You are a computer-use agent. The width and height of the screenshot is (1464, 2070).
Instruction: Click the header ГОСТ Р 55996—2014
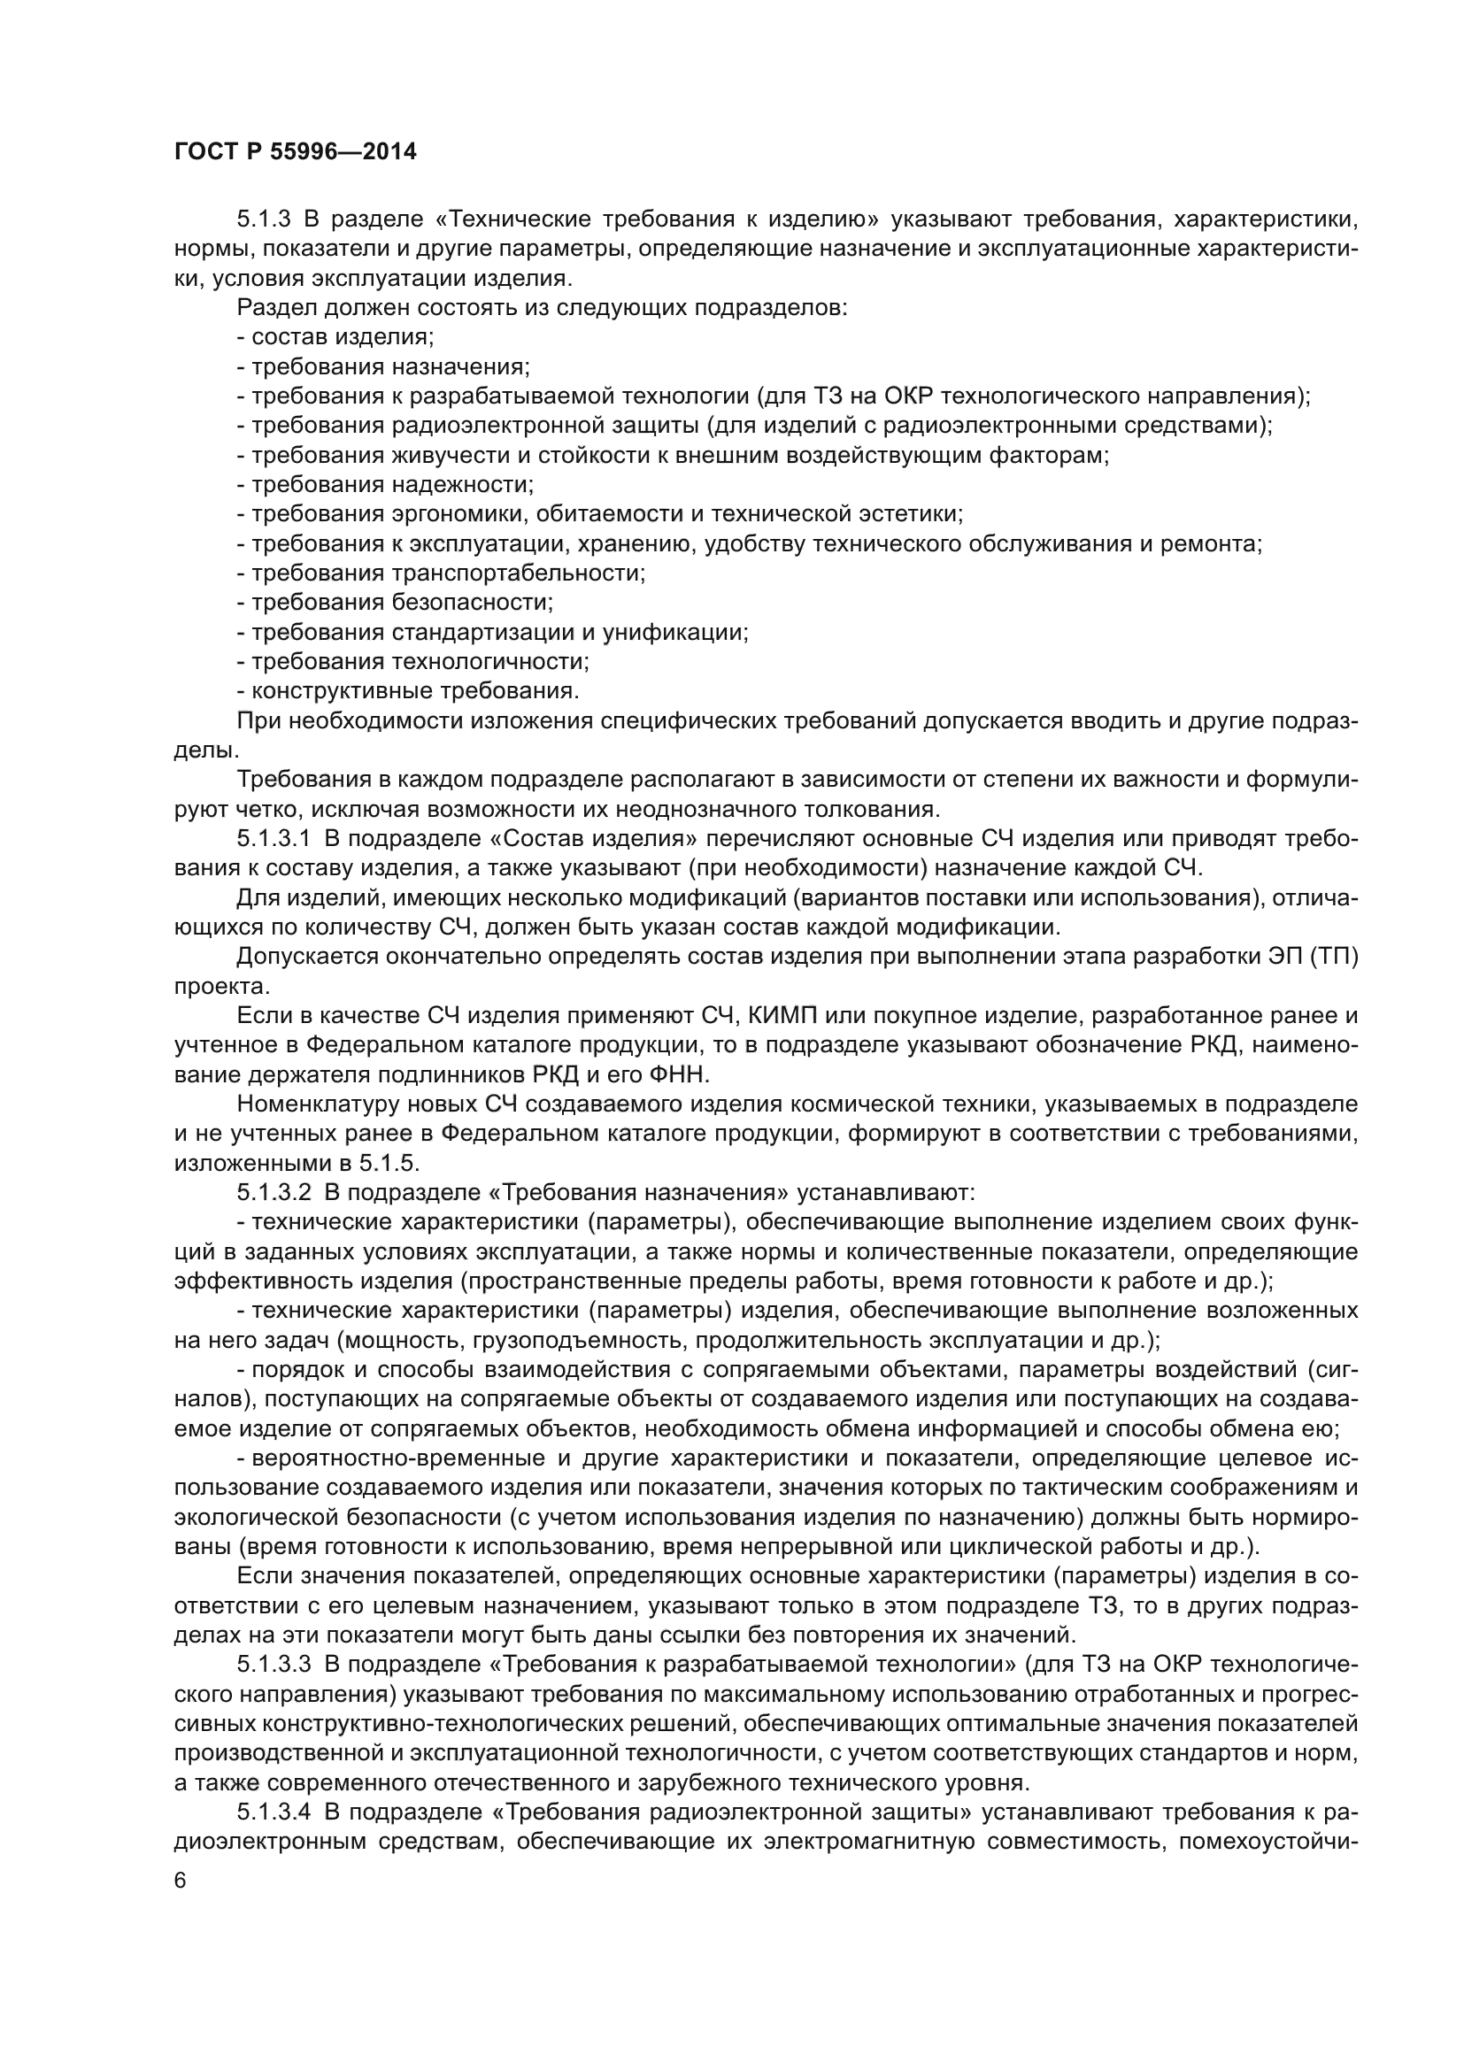pyautogui.click(x=295, y=151)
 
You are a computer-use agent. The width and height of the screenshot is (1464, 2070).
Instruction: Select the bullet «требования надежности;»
pyautogui.click(x=386, y=485)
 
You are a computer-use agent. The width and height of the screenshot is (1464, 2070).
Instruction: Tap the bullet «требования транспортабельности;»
pyautogui.click(x=442, y=573)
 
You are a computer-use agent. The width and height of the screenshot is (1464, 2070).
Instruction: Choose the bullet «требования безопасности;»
pyautogui.click(x=396, y=603)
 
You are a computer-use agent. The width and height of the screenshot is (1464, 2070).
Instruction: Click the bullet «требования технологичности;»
pyautogui.click(x=412, y=662)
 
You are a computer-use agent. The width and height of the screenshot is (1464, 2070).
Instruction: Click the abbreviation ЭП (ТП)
pyautogui.click(x=1309, y=957)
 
